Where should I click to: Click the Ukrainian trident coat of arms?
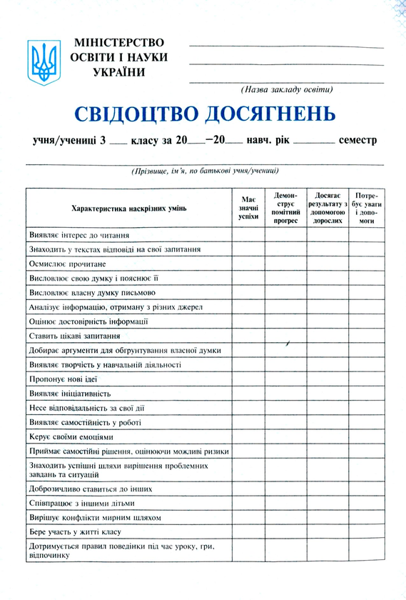(44, 63)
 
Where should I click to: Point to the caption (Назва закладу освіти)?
(287, 90)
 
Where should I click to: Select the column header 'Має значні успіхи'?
(248, 208)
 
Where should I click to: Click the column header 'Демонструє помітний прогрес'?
(285, 208)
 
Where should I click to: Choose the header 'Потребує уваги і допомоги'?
(366, 208)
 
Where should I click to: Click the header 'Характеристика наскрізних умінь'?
(129, 208)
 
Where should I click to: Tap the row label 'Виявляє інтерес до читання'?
(79, 235)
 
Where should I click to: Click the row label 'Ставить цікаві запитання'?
(74, 336)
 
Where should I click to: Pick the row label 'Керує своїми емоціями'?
(71, 436)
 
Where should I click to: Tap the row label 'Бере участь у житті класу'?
(75, 532)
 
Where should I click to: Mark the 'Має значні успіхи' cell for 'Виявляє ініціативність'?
(248, 394)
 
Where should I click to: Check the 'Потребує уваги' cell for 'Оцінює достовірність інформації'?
(366, 321)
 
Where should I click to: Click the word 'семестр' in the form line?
(357, 141)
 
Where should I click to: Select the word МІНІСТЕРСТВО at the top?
(118, 43)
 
